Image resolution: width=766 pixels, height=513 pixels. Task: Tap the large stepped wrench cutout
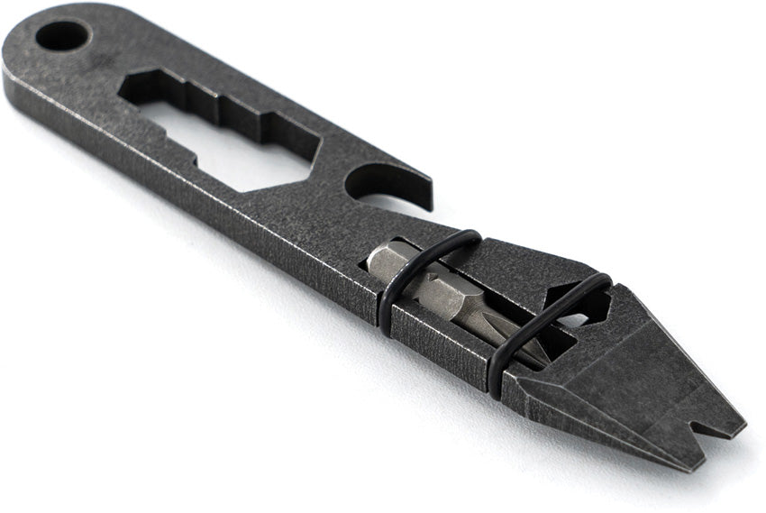(x=225, y=135)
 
